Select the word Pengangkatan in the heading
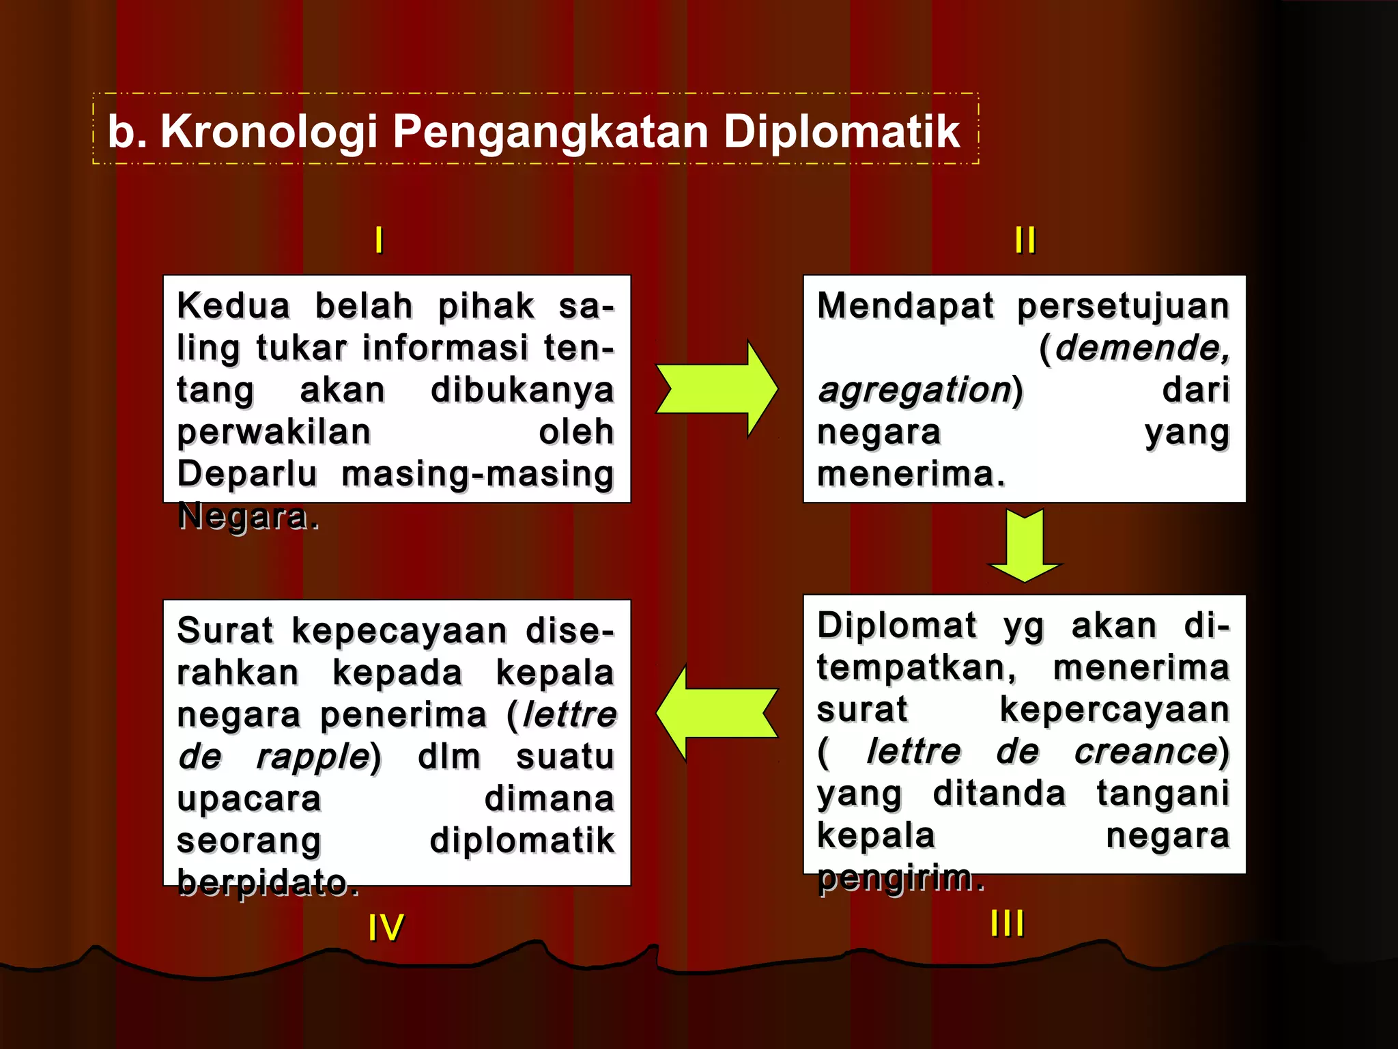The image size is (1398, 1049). pos(550,132)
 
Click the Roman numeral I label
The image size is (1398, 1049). pos(379,240)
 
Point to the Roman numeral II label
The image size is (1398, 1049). pos(1025,240)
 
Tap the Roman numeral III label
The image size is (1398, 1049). pos(1008,923)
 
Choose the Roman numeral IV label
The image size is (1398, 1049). pos(386,927)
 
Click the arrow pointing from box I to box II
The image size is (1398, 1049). pos(717,389)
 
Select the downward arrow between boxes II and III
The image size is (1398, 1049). pos(1025,545)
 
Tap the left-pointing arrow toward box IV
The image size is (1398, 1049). pos(717,713)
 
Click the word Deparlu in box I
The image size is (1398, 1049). pos(247,474)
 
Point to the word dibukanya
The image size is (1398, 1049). pos(522,390)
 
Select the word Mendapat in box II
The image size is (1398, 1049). pos(905,306)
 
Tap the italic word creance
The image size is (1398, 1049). pos(1145,751)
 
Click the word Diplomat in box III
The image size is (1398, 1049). pos(896,626)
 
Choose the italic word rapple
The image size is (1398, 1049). pos(313,757)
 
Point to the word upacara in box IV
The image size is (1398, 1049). pos(248,799)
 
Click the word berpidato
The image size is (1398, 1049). pos(268,882)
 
